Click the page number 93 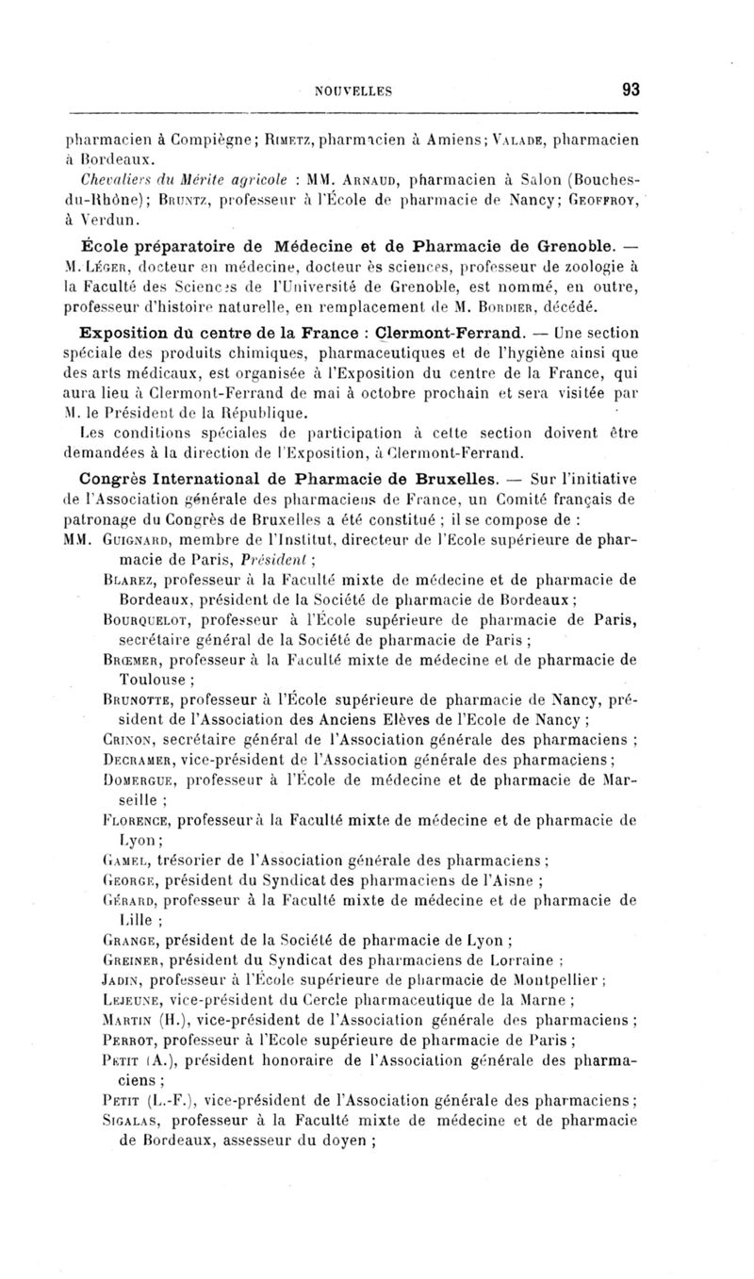coord(631,90)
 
